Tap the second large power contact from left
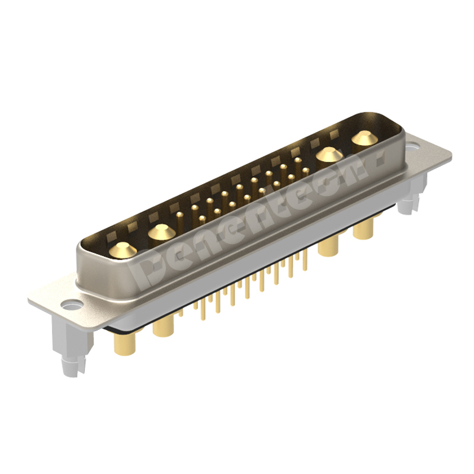point(160,231)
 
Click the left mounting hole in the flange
point(72,306)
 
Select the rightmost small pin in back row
point(297,160)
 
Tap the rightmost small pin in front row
point(305,171)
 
